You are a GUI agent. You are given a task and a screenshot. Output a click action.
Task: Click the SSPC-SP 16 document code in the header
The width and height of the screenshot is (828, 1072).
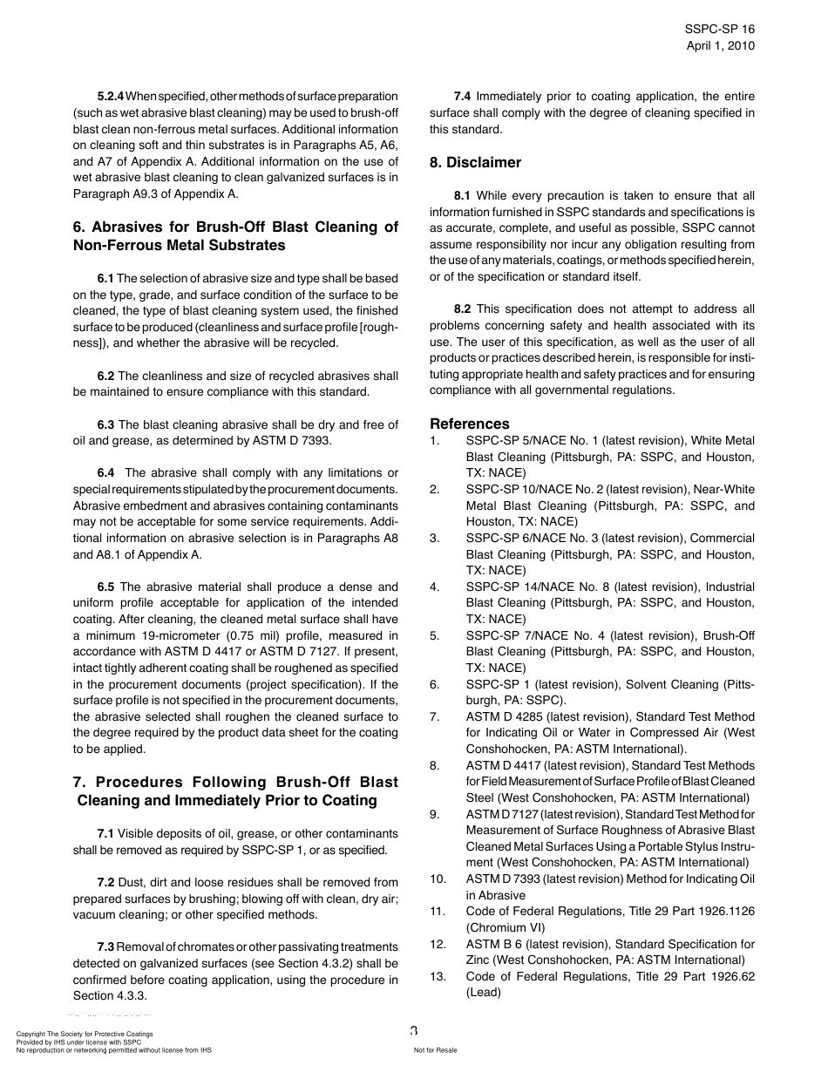(720, 29)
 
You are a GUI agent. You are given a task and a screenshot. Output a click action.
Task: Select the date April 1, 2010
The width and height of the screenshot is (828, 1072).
(721, 45)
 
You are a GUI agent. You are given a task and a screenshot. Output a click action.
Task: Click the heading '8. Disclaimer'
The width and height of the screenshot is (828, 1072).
(475, 162)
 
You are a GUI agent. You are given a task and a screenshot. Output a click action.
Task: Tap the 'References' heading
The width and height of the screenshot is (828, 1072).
(470, 424)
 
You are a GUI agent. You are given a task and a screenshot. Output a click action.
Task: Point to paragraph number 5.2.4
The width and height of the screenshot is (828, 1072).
(114, 96)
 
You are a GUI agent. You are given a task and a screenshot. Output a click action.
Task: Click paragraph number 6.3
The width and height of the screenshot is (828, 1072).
(105, 424)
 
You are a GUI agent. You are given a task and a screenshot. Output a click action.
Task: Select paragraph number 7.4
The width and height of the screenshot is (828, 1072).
(463, 96)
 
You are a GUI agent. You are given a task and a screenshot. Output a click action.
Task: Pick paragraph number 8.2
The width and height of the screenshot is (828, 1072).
(462, 309)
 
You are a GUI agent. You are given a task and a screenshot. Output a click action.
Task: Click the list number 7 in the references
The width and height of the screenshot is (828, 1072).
(434, 716)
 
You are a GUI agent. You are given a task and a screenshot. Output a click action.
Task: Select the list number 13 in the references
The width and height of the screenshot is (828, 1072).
(438, 976)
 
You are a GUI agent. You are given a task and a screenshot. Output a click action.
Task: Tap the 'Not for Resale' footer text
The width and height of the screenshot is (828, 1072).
(435, 1050)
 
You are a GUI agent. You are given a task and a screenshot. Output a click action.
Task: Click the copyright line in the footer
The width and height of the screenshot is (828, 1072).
(85, 1034)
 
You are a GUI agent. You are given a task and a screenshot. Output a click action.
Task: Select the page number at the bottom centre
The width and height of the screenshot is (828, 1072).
(414, 1031)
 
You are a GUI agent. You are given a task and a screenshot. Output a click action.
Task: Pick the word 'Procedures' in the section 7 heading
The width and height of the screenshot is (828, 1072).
(139, 782)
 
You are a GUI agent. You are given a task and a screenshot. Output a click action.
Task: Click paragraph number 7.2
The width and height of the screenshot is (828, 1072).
(105, 882)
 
